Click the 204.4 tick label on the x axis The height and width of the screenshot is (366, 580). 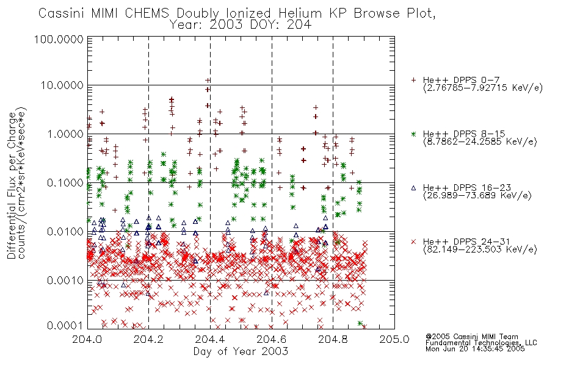pyautogui.click(x=210, y=339)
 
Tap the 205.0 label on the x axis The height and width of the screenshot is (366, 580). pyautogui.click(x=394, y=339)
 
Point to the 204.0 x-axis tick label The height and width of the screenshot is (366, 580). pyautogui.click(x=87, y=339)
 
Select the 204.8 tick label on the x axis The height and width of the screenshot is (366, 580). pyautogui.click(x=333, y=339)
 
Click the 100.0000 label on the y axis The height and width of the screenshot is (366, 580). pyautogui.click(x=59, y=39)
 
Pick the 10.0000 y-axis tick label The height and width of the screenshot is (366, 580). pyautogui.click(x=62, y=85)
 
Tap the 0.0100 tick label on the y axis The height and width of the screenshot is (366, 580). pyautogui.click(x=65, y=232)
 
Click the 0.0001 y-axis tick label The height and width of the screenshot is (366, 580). pyautogui.click(x=65, y=325)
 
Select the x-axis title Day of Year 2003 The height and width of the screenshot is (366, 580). pyautogui.click(x=241, y=351)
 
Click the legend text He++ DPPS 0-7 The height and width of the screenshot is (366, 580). pyautogui.click(x=462, y=80)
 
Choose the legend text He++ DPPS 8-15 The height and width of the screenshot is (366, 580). pyautogui.click(x=464, y=134)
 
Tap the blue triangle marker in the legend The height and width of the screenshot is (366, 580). pyautogui.click(x=413, y=188)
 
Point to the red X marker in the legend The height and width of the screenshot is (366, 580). pyautogui.click(x=413, y=242)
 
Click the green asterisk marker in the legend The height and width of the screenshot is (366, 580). pyautogui.click(x=413, y=134)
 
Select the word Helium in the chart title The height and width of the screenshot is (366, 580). pyautogui.click(x=300, y=13)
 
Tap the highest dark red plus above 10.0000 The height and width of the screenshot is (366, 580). pyautogui.click(x=208, y=81)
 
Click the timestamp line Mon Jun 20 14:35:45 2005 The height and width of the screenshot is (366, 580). pyautogui.click(x=475, y=349)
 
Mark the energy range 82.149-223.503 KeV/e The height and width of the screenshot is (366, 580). pyautogui.click(x=480, y=249)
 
